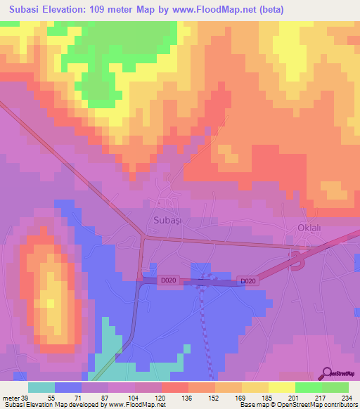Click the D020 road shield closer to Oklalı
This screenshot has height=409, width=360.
click(x=247, y=281)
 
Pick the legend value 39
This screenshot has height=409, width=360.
click(x=25, y=397)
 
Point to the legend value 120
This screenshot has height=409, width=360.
click(x=161, y=397)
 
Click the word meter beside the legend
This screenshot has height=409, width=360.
click(x=10, y=397)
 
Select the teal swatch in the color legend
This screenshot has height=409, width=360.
click(x=41, y=387)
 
